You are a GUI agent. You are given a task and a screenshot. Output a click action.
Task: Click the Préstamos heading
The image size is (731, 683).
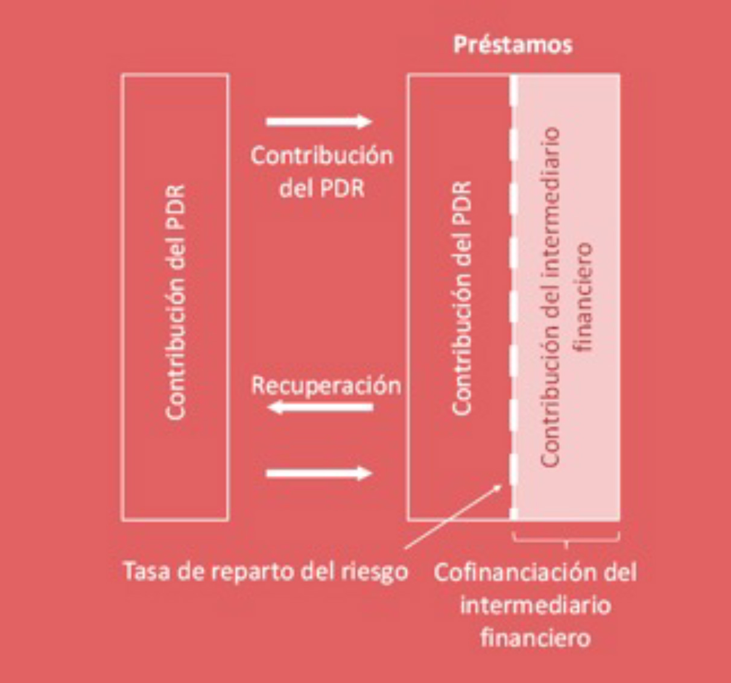click(513, 45)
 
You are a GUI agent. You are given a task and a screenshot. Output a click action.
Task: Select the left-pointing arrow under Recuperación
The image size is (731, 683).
click(320, 408)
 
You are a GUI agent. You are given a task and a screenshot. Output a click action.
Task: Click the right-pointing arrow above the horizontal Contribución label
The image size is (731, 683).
click(319, 122)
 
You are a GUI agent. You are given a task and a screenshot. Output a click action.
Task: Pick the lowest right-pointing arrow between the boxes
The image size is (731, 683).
click(319, 473)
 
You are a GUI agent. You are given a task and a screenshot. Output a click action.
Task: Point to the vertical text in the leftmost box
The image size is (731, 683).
click(176, 301)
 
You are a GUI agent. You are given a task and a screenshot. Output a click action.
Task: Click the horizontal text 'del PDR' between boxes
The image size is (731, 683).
click(322, 188)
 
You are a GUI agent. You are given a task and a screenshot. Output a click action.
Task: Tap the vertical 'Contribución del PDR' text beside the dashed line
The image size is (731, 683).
click(462, 298)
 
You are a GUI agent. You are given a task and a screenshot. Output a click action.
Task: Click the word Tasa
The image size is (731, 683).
click(147, 570)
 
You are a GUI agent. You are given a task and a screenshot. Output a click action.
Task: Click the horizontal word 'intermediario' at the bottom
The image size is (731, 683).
click(535, 605)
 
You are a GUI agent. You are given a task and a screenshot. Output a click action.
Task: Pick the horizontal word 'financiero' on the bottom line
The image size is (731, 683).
click(535, 637)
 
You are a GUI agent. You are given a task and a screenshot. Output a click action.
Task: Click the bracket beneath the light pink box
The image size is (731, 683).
click(566, 538)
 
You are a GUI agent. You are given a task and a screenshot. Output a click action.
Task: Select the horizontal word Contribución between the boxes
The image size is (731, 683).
click(322, 156)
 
